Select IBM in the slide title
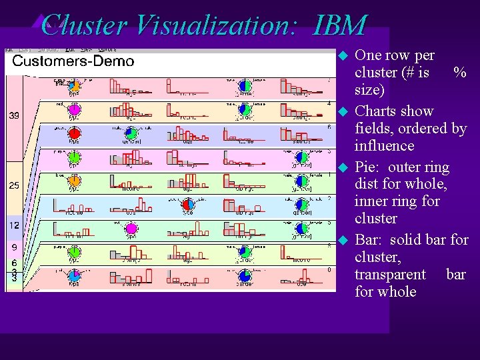[339, 25]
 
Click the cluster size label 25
[14, 185]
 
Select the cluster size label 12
[14, 226]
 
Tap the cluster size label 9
[14, 247]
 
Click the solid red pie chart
[75, 134]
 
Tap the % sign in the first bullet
[459, 72]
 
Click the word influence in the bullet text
[385, 145]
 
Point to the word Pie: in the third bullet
[368, 167]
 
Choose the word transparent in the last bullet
[390, 274]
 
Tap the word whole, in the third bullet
[424, 184]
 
